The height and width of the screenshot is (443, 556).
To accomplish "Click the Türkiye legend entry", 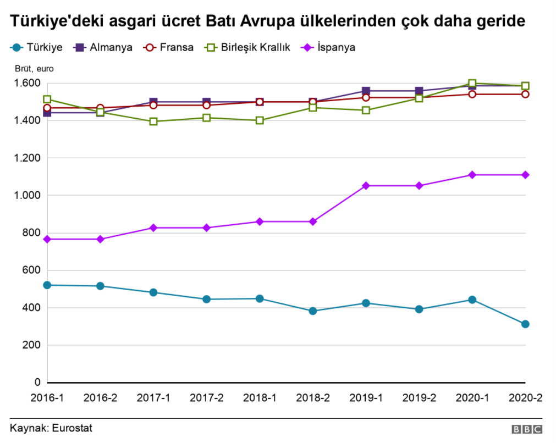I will tap(37, 47).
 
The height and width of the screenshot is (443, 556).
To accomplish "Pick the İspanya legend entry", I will tap(329, 47).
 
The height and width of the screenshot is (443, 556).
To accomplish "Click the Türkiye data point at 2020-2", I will tap(525, 324).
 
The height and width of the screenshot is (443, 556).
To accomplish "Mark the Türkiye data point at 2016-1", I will tap(47, 285).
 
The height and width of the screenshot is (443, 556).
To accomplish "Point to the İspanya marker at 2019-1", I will tap(366, 186).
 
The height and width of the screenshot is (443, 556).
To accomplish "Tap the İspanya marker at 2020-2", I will tap(525, 175).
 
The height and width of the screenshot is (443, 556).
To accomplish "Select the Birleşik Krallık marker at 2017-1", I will tap(153, 121).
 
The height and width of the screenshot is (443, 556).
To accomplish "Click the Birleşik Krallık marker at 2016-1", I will tap(47, 99).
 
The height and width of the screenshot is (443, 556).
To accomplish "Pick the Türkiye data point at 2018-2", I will tap(313, 311).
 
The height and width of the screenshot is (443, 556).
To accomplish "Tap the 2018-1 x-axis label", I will tap(260, 398).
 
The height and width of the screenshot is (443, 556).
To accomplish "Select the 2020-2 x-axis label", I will tap(525, 398).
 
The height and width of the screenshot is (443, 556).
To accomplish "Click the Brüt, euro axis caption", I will tap(34, 69).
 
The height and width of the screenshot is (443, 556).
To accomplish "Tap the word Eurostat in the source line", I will tap(71, 428).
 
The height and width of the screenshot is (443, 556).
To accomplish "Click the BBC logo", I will tap(527, 429).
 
